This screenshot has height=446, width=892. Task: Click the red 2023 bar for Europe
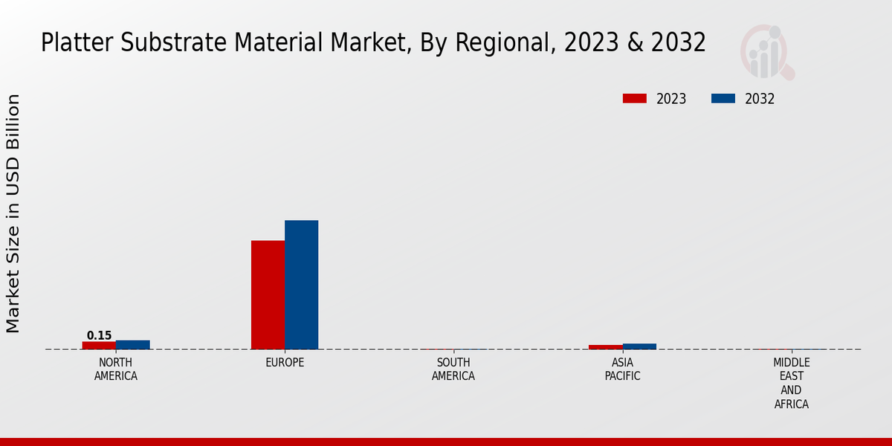(x=268, y=295)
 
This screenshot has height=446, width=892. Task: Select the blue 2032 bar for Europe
(x=301, y=285)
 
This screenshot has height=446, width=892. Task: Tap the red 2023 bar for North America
(x=99, y=346)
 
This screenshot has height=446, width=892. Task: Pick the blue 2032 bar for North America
(x=133, y=345)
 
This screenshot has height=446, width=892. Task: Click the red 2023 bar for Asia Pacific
(x=605, y=347)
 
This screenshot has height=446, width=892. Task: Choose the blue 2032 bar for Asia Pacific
(x=639, y=346)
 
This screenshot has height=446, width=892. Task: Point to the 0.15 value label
(x=99, y=335)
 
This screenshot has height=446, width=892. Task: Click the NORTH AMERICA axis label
(x=115, y=369)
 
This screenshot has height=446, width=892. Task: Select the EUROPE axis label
(x=285, y=363)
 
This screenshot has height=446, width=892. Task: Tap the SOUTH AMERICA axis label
(x=453, y=369)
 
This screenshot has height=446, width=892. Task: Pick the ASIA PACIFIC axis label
(x=622, y=369)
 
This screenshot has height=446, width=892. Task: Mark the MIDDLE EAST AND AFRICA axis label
(x=791, y=384)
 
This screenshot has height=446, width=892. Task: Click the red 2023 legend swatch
(x=635, y=99)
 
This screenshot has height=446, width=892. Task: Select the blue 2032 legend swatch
(x=723, y=99)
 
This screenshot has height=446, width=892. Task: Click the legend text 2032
(x=760, y=99)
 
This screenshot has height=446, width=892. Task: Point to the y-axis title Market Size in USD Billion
(x=13, y=213)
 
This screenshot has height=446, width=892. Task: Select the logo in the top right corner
(x=766, y=52)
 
